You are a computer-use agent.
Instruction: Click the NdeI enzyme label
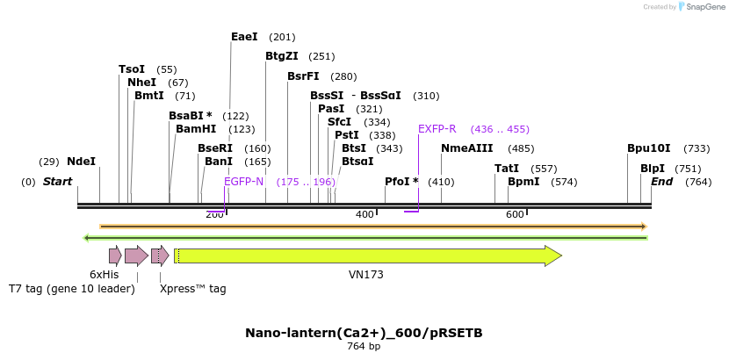[81, 162]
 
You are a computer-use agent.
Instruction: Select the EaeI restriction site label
[244, 37]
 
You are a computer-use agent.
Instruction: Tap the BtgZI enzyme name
[282, 56]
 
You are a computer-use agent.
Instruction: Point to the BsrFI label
[303, 76]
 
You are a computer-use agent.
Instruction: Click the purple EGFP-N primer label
[243, 182]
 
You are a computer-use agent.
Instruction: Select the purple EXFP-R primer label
[437, 129]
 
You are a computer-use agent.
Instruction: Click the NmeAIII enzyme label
[466, 148]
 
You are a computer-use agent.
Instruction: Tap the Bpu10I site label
[648, 148]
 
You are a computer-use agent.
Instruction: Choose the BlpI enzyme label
[652, 169]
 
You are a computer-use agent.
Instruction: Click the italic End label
[661, 182]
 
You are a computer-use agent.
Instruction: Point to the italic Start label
[57, 182]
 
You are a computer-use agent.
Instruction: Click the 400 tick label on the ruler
[364, 215]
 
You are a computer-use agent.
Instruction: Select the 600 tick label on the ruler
[515, 215]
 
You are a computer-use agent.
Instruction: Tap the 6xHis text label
[104, 275]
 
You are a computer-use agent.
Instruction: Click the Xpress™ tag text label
[192, 288]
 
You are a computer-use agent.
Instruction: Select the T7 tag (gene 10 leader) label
[71, 288]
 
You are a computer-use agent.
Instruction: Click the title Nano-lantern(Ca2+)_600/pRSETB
[364, 333]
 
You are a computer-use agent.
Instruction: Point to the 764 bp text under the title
[364, 347]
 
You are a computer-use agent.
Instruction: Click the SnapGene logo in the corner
[701, 7]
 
